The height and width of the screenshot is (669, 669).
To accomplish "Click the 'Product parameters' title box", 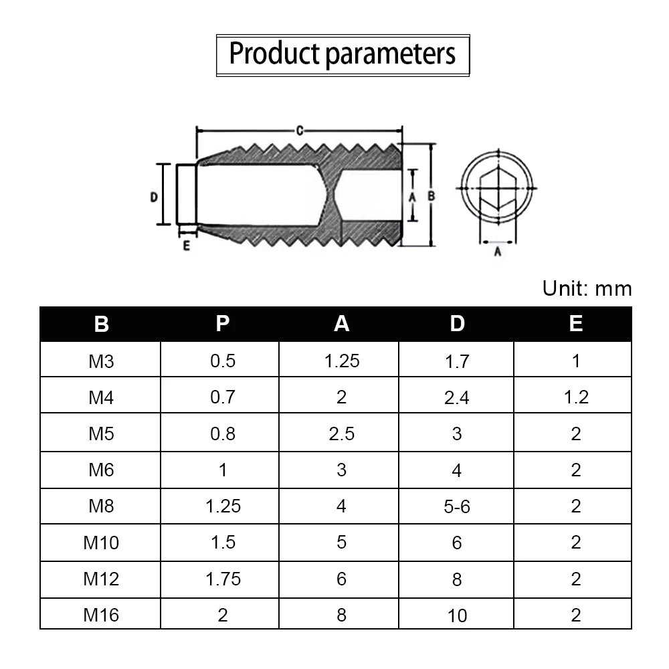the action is tap(343, 56).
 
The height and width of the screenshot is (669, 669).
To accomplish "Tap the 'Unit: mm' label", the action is tap(587, 289).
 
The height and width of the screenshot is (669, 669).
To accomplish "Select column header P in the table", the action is tap(223, 324).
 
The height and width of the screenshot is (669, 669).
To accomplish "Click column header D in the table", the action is tap(457, 324).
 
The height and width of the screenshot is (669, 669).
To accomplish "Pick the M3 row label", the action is tap(101, 361).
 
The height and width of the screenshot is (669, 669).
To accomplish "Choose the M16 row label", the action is tap(101, 615).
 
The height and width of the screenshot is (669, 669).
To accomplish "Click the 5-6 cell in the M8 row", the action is tap(456, 507).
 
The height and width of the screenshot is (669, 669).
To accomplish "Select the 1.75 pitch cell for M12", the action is tap(223, 579).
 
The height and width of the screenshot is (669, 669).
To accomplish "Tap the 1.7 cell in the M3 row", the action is tap(456, 362).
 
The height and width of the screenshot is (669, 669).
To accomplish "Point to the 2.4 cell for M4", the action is tap(456, 398).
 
